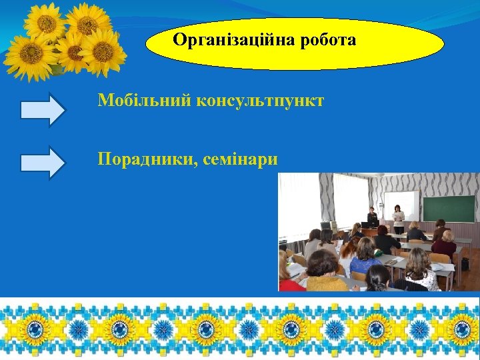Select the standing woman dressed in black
click(372, 217)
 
